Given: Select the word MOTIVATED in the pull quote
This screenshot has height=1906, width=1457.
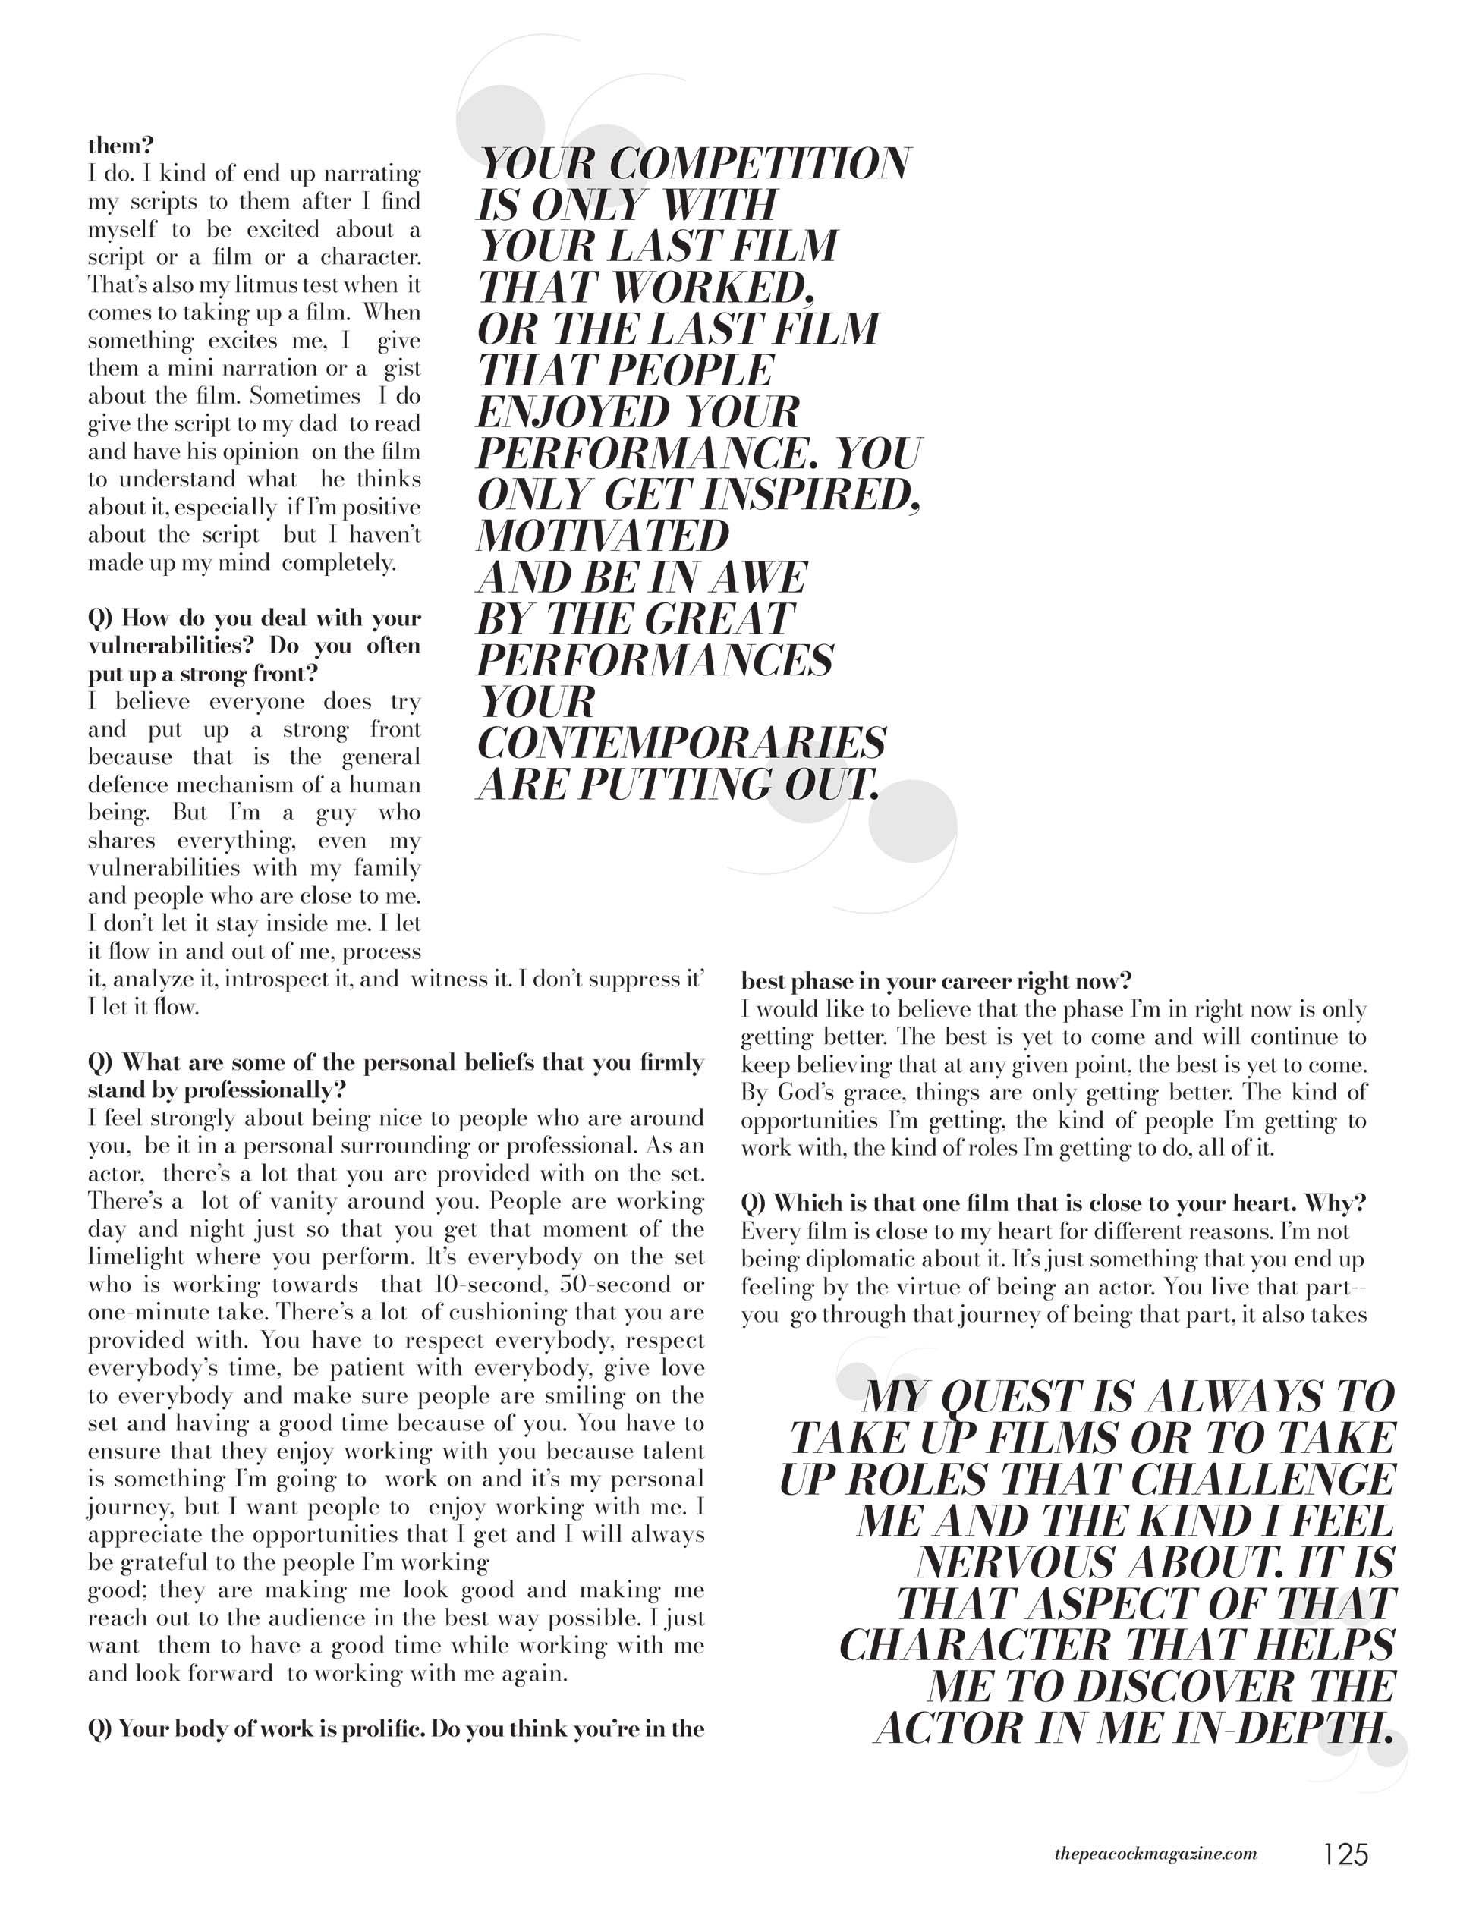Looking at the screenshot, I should click(x=603, y=536).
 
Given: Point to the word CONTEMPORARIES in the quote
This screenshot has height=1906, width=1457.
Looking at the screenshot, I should click(x=681, y=743).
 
